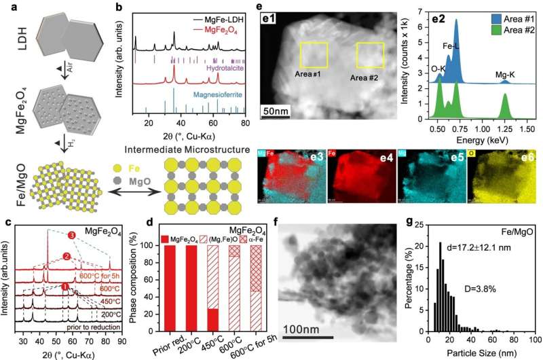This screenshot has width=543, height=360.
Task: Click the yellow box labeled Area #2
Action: (370, 55)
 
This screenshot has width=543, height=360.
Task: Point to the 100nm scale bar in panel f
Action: (303, 336)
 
